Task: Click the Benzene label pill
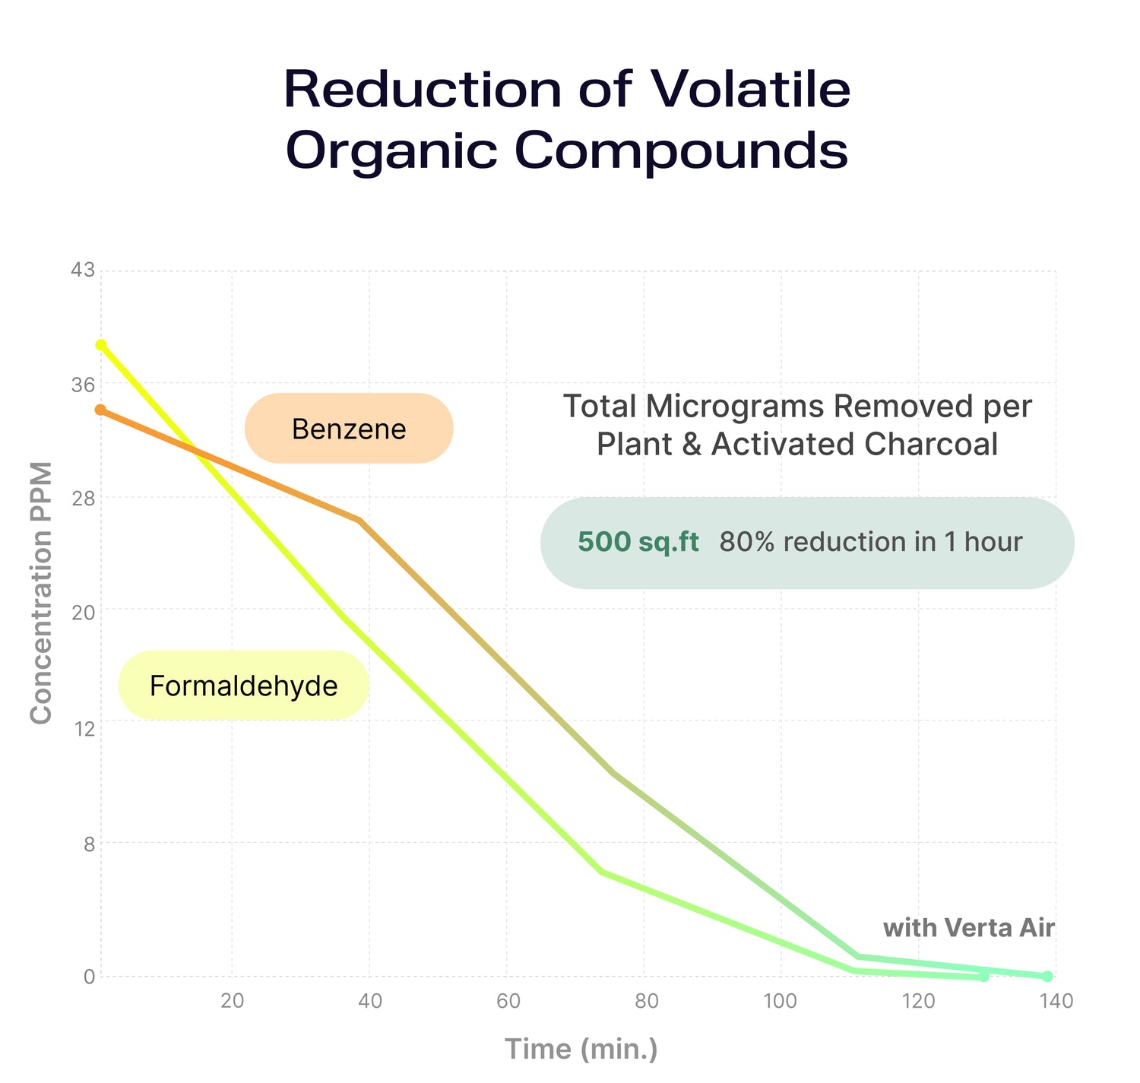point(349,429)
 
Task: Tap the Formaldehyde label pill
point(243,686)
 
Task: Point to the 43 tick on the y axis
point(84,270)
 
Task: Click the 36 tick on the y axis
point(84,385)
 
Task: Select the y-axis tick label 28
point(84,499)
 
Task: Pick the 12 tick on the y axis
point(84,729)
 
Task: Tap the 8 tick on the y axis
point(88,844)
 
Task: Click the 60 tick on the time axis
point(508,1001)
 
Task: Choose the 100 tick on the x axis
point(781,1001)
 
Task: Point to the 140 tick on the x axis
point(1055,1001)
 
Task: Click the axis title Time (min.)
point(581,1049)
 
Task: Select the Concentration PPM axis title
point(41,593)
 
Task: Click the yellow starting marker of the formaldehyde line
point(101,345)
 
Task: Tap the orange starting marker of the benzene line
point(100,410)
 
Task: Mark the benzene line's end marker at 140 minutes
point(1047,976)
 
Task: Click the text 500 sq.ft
point(638,542)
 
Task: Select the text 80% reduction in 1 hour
point(870,542)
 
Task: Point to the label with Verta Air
point(968,927)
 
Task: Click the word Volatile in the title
point(750,89)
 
